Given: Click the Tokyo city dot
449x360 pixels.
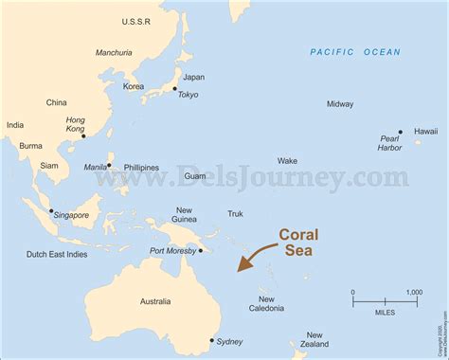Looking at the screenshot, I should click(x=175, y=90).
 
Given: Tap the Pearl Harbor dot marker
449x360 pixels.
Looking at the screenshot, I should click(x=401, y=133).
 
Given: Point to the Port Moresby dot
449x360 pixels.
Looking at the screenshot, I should click(x=201, y=250).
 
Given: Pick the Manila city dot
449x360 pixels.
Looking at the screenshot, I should click(x=109, y=165).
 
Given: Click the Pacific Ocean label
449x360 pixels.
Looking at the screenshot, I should click(x=355, y=52).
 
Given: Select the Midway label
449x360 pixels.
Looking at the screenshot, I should click(x=340, y=104).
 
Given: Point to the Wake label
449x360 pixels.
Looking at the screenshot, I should click(x=287, y=161).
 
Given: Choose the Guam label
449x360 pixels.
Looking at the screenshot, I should click(x=195, y=176).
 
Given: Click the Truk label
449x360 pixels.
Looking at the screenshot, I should click(x=235, y=214).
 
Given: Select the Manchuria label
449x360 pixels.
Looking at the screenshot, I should click(x=114, y=53).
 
